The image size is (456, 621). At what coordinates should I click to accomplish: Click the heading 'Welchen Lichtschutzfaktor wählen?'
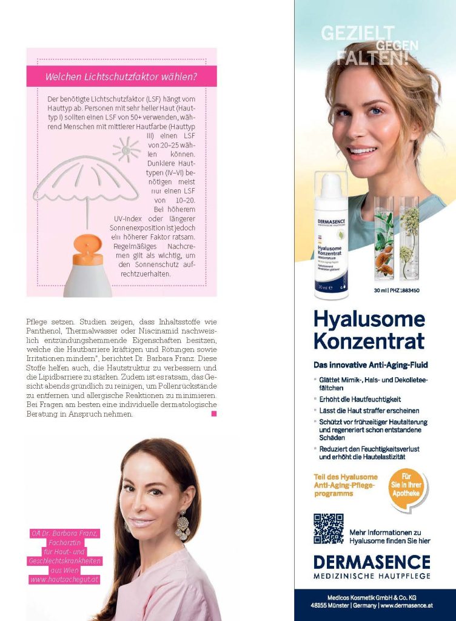coord(121,77)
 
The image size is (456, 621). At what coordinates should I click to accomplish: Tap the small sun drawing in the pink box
coord(126,149)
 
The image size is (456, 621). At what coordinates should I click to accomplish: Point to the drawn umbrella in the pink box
coord(85,181)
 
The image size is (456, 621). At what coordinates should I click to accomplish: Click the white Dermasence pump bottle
coord(331,237)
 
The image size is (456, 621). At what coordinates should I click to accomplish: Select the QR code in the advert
coord(328,528)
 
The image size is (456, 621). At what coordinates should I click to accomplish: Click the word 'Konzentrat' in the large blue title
coord(369,341)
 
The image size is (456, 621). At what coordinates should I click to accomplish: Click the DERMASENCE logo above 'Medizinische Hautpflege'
coord(372,562)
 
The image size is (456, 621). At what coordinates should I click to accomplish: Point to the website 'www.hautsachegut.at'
coord(65,580)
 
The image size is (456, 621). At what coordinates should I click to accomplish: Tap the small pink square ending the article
coord(213,414)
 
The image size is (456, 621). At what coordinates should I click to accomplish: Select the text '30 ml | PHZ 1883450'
coord(397,290)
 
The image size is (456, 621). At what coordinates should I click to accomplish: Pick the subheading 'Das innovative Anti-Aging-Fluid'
coord(370,364)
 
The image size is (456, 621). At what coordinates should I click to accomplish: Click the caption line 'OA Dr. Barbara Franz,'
coord(65,534)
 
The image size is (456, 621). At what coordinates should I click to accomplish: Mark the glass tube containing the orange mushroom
coord(383,240)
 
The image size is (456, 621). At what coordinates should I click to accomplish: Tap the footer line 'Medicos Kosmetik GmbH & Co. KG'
coord(375,598)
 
